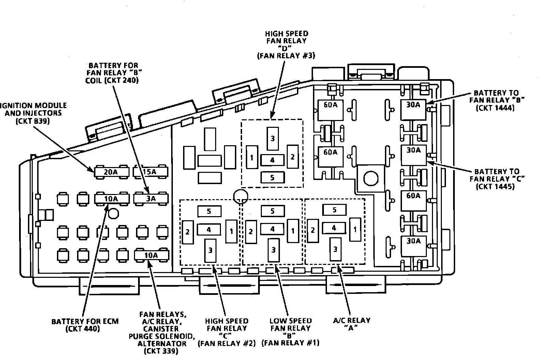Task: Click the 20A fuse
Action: pyautogui.click(x=111, y=172)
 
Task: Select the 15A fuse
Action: pyautogui.click(x=150, y=172)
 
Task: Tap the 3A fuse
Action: pyautogui.click(x=151, y=198)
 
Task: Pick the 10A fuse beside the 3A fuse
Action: pyautogui.click(x=111, y=198)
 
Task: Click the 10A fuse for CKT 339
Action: pyautogui.click(x=151, y=255)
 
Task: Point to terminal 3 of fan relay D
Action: pyautogui.click(x=272, y=138)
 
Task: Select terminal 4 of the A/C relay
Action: pyautogui.click(x=334, y=228)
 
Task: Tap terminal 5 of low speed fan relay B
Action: pyautogui.click(x=272, y=211)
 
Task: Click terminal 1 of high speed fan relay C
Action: pyautogui.click(x=231, y=231)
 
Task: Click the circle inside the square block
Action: pyautogui.click(x=370, y=178)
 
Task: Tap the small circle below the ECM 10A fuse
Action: pyautogui.click(x=113, y=214)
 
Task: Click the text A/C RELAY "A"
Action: pyautogui.click(x=352, y=324)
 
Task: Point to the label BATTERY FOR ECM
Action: pyautogui.click(x=85, y=321)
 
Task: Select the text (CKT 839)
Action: pyautogui.click(x=32, y=121)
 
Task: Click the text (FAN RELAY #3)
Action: pyautogui.click(x=286, y=56)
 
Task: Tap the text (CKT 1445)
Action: pyautogui.click(x=496, y=186)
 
